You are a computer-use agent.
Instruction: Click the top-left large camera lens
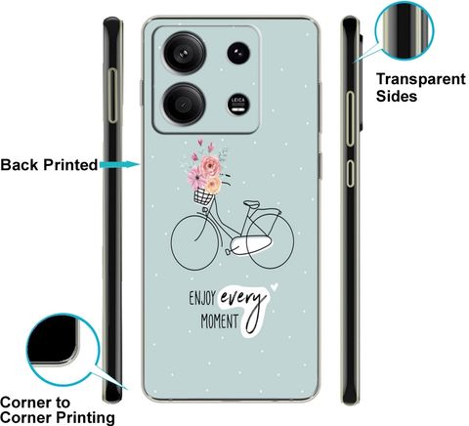(185, 53)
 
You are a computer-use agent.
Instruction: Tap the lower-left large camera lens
(184, 105)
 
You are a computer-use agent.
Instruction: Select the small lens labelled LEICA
(238, 105)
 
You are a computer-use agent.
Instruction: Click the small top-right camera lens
(238, 53)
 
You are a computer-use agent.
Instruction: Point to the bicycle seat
(252, 204)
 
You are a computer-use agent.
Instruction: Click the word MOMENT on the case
(219, 321)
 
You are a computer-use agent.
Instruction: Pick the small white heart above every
(275, 286)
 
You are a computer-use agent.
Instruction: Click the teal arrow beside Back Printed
(120, 164)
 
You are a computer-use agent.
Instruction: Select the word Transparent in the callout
(421, 79)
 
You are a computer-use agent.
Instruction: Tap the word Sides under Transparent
(397, 96)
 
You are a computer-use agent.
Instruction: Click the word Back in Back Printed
(20, 165)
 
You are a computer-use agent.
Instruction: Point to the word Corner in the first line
(35, 403)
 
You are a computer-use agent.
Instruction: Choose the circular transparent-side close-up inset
(405, 30)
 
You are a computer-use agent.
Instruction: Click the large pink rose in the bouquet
(210, 165)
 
